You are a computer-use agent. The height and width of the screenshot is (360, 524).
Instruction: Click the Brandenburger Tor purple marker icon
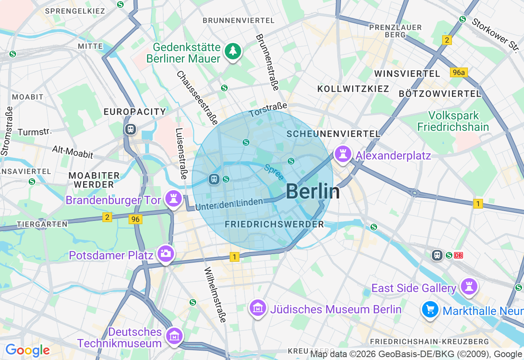pos(173,199)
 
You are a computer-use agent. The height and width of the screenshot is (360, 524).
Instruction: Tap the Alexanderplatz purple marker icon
pos(343,154)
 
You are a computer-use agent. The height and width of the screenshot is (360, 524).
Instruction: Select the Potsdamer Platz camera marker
pos(166,254)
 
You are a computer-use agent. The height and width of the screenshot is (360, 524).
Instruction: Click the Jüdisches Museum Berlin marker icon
pos(258,308)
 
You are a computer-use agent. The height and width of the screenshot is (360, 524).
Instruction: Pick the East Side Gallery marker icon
pos(469,286)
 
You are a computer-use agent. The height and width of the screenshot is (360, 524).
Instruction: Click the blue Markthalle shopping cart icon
pos(430,309)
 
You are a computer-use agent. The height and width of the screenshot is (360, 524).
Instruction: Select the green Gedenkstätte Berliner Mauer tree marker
pos(233,51)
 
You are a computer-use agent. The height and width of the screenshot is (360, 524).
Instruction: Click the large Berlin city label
pos(313,191)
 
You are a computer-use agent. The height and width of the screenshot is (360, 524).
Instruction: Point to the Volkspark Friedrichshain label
pos(453,121)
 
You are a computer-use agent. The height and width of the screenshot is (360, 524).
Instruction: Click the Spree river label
pos(274,172)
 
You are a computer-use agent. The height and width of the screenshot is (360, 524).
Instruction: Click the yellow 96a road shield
pos(458,72)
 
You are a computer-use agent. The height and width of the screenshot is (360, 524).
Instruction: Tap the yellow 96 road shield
pos(136,219)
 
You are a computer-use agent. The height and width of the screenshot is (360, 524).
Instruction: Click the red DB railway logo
pos(458,255)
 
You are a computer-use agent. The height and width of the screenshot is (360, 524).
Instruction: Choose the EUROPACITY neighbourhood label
pos(135,112)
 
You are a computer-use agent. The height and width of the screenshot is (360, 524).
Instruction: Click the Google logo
pos(27,350)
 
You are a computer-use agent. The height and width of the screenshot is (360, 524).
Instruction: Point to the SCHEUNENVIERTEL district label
pos(333,134)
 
